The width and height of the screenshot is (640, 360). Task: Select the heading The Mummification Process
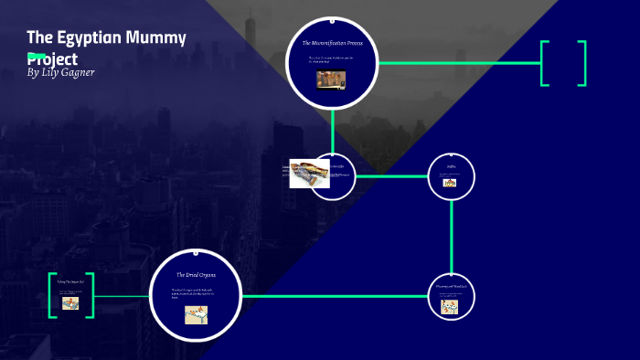[332, 43]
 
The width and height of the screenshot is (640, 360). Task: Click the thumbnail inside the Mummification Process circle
[332, 79]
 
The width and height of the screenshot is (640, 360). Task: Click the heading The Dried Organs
[196, 275]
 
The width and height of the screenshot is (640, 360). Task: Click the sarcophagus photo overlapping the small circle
[309, 173]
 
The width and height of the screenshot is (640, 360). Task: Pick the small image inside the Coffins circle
[451, 182]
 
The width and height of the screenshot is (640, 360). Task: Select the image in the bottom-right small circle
[450, 307]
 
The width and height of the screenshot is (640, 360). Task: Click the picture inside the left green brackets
[70, 303]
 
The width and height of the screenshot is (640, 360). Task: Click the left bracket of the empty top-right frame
[544, 63]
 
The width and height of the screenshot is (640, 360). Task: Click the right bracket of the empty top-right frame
[581, 63]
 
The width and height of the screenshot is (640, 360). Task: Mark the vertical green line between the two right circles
[452, 238]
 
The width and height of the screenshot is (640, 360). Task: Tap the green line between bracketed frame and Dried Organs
[121, 296]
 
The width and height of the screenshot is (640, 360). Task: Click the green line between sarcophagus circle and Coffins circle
[391, 176]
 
